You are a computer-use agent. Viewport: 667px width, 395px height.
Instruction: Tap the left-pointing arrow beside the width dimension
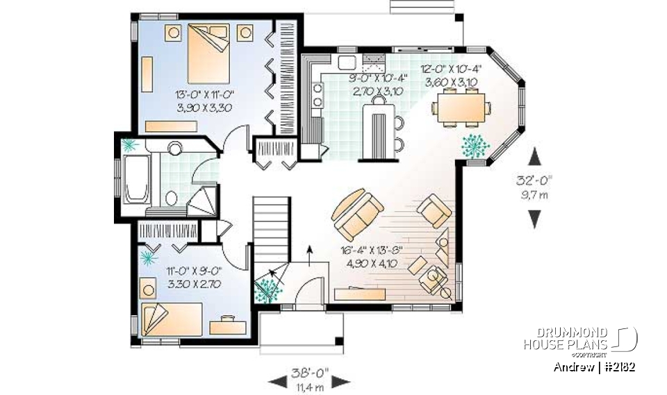(277, 380)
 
